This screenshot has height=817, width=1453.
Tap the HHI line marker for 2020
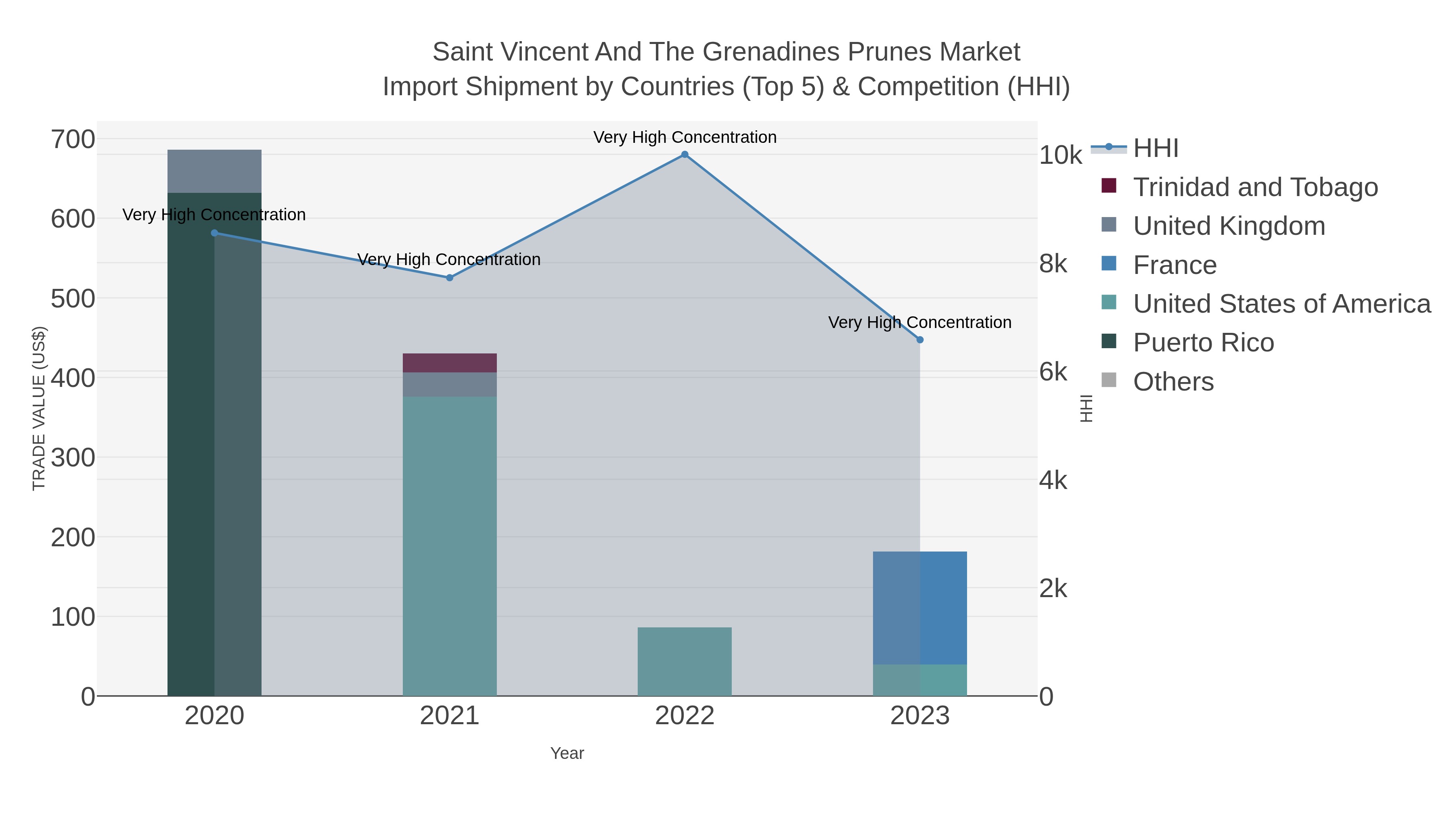click(214, 233)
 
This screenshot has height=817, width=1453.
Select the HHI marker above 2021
click(450, 278)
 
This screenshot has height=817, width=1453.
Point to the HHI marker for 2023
click(919, 339)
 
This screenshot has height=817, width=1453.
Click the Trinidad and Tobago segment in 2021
click(450, 363)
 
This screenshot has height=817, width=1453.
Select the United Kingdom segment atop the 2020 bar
click(214, 171)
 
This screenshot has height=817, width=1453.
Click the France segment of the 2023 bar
click(919, 608)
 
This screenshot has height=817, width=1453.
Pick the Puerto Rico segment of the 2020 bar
click(214, 451)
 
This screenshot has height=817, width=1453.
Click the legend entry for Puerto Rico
click(1203, 342)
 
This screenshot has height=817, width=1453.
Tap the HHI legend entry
click(1155, 148)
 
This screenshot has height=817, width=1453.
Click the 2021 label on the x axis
click(450, 715)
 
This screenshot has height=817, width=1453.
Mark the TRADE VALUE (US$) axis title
click(38, 408)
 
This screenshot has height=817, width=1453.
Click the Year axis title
click(567, 753)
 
